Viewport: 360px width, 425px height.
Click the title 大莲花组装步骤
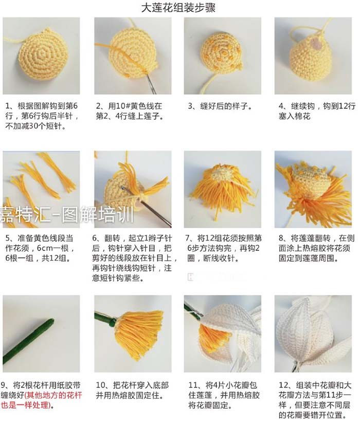178,7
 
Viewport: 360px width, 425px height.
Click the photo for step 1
41,56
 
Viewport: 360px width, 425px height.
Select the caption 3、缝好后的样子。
220,106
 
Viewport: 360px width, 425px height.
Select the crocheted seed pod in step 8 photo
313,178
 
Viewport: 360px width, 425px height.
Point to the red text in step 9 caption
41,400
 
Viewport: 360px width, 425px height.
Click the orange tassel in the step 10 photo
138,334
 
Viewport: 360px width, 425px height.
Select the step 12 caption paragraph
315,400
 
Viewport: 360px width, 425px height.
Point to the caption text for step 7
223,248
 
